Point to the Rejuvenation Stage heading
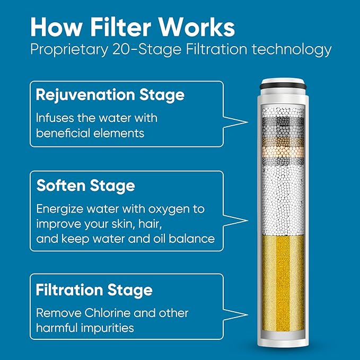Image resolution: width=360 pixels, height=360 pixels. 110,95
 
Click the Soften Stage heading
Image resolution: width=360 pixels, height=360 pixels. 85,186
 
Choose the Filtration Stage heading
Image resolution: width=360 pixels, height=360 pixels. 94,290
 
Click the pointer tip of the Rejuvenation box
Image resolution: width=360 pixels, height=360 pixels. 248,122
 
